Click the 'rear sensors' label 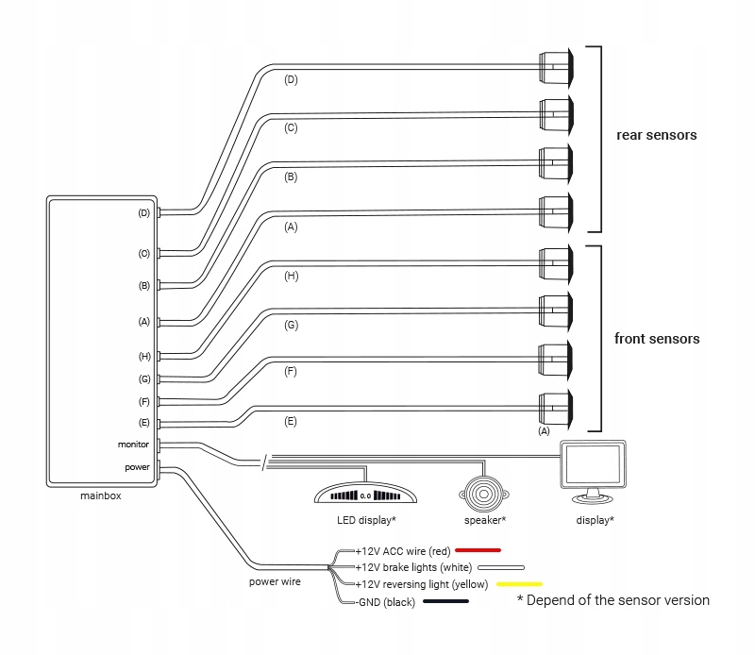pos(656,135)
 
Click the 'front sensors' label pos(657,338)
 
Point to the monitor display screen pos(592,466)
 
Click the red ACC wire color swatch pos(478,549)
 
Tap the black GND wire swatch pos(446,601)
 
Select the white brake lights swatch pos(500,567)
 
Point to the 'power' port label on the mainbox pos(137,466)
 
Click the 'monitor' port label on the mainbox pos(133,444)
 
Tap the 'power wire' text pos(275,581)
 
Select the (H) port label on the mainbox pos(144,356)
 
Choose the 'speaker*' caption pos(485,520)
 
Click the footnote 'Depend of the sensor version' pos(612,599)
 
